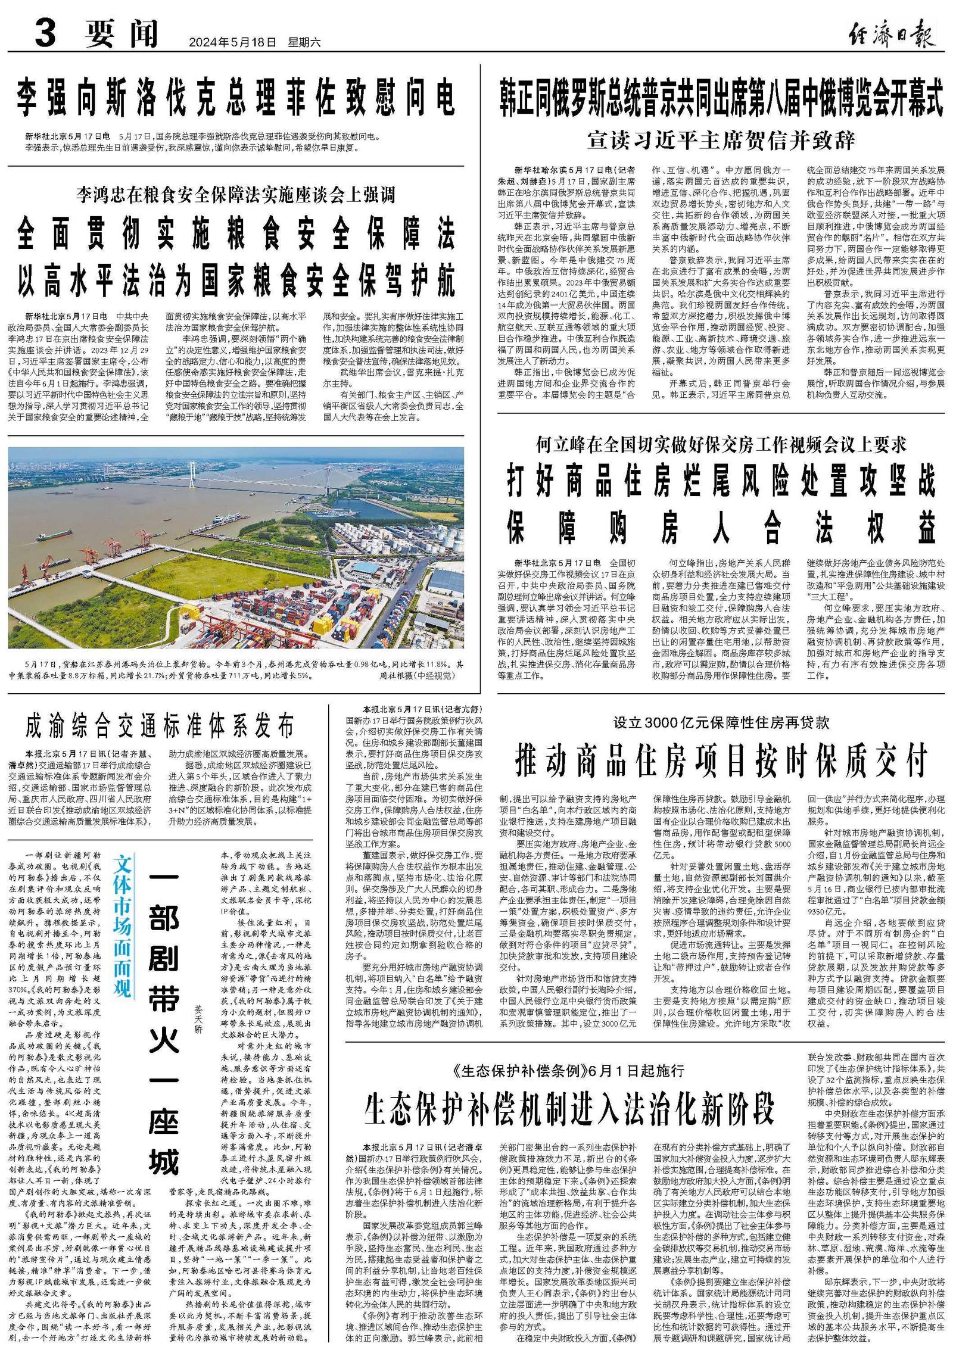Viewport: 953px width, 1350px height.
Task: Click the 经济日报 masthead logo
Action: coord(891,34)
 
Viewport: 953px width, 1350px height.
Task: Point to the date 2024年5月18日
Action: coord(232,43)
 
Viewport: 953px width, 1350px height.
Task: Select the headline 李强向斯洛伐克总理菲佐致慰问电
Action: coord(236,98)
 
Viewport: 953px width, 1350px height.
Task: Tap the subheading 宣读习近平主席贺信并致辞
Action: coord(721,141)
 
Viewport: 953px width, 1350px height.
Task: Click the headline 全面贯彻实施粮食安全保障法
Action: coord(236,233)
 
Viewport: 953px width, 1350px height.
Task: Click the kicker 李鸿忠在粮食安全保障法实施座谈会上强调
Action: coord(236,194)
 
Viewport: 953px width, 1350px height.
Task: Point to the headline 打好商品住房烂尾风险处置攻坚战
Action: coord(721,482)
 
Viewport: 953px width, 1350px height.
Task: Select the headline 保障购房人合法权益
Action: coord(721,528)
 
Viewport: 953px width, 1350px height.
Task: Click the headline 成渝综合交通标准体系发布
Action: coord(160,726)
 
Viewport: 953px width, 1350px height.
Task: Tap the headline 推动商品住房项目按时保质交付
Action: coord(721,760)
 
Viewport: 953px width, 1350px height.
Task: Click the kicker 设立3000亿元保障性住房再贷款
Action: coord(721,722)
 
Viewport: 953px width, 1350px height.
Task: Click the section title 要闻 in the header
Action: coord(122,34)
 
